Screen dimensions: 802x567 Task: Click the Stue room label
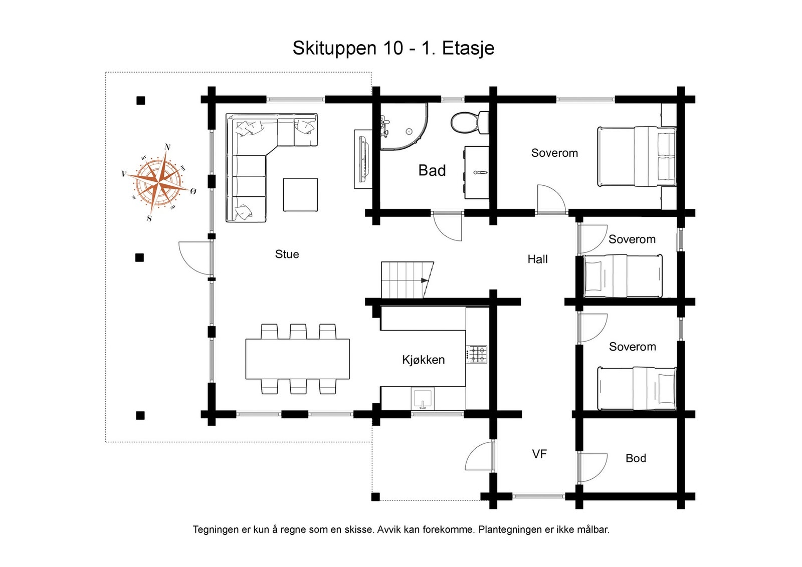(287, 254)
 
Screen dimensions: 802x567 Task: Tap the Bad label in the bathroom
(432, 171)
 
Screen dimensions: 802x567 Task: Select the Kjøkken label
(423, 360)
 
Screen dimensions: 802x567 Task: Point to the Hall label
(537, 259)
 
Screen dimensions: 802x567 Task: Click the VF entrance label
(539, 454)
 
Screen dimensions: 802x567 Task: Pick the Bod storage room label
(636, 458)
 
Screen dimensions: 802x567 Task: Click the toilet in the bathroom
(469, 122)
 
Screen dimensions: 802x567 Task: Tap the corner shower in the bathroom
(404, 127)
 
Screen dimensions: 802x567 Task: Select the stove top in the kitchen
(477, 354)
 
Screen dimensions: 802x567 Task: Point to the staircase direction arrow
(425, 281)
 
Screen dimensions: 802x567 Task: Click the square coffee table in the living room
(300, 195)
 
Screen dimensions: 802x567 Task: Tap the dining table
(298, 359)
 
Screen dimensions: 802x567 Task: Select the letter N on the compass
(167, 147)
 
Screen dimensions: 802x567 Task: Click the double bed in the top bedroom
(636, 156)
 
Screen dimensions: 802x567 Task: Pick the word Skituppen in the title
(334, 48)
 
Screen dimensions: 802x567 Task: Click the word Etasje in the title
(468, 48)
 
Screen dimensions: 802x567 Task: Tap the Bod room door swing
(593, 467)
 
